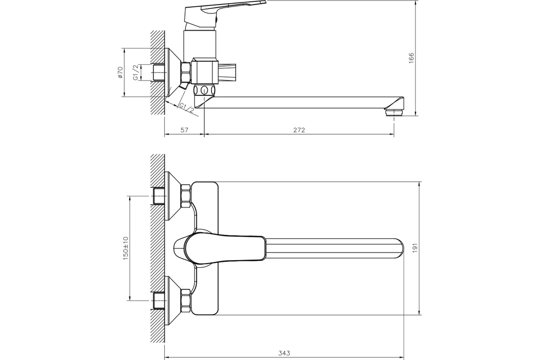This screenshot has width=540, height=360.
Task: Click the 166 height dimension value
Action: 411,58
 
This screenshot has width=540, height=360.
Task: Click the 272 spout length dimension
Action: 299,130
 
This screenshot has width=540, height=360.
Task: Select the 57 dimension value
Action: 184,130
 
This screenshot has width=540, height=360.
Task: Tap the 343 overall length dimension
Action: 284,353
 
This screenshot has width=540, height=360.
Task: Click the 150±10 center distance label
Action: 126,248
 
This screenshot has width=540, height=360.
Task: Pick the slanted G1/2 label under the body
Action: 186,108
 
